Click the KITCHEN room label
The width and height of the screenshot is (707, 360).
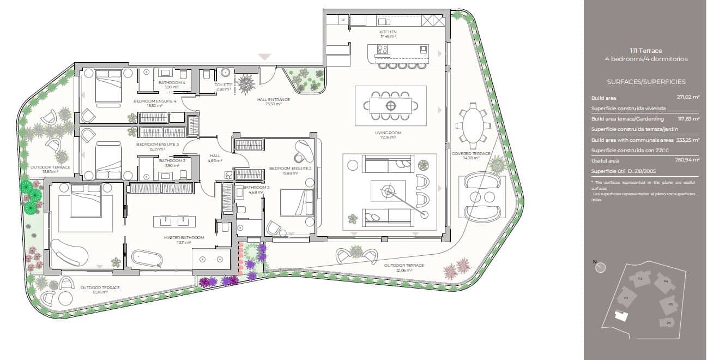pos(388,32)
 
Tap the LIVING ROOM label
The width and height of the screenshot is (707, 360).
pos(388,133)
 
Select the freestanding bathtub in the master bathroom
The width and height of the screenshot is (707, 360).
pos(147,257)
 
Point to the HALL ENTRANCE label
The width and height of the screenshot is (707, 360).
pos(273,100)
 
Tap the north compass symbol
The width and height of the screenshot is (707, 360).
pos(601,268)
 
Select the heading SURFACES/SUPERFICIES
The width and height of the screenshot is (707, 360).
pos(646,82)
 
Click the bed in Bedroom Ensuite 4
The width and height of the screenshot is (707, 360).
pos(108,86)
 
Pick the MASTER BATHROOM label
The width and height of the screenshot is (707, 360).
pos(184,237)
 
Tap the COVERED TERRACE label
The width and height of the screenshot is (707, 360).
pos(471,154)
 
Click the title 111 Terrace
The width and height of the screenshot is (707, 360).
pos(646,50)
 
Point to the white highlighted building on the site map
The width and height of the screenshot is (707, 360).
pos(620,316)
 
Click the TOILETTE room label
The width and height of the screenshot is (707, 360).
pos(223,85)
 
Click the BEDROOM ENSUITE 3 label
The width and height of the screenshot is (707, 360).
pos(158,144)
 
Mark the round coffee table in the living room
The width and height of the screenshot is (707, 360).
pos(388,190)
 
